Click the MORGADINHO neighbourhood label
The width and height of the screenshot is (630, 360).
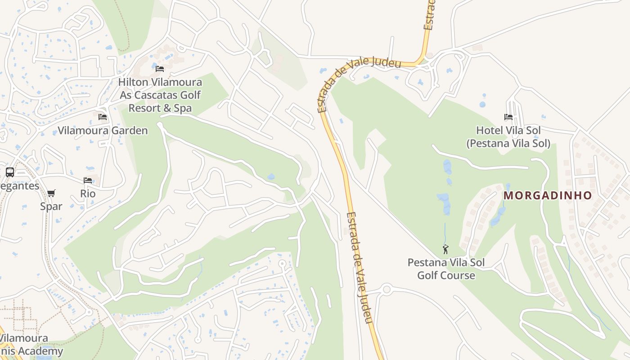point(547,195)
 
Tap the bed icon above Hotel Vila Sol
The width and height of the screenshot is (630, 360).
point(508,117)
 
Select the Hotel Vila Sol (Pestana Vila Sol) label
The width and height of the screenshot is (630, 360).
point(508,137)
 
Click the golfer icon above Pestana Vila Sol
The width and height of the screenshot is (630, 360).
point(445,249)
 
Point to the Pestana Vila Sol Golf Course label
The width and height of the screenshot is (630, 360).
point(446,269)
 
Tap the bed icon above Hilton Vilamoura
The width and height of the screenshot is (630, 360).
point(160,69)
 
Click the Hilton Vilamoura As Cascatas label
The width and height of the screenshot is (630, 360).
point(160,89)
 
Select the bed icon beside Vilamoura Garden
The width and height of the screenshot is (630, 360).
point(103,117)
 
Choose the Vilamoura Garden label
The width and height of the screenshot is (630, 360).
point(103,131)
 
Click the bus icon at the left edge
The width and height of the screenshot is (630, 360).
point(9,172)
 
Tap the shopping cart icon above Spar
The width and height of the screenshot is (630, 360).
point(51,193)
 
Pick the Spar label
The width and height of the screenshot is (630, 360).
point(51,207)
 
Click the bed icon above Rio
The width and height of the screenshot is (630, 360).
point(88,180)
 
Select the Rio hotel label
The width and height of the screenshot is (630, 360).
point(88,193)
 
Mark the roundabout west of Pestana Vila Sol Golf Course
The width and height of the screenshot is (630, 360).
point(386,289)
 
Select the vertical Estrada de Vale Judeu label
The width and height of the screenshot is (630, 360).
point(360,268)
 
